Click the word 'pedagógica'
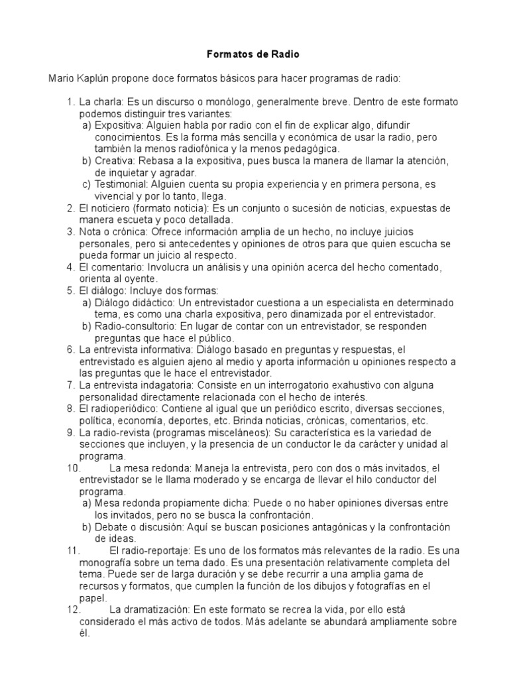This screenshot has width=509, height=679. (312, 149)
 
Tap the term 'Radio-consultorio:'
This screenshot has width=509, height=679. (137, 326)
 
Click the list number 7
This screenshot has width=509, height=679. (71, 385)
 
